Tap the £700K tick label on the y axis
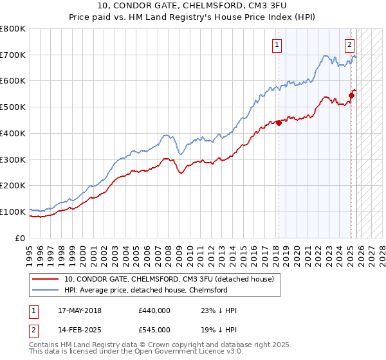(x=13, y=55)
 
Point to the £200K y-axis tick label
(x=13, y=185)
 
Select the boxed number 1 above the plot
(x=277, y=45)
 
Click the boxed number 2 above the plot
(x=349, y=45)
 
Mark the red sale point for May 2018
(x=279, y=123)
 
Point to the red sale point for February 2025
(x=351, y=96)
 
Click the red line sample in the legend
(x=46, y=279)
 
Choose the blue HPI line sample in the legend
(x=46, y=290)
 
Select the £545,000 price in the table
(x=154, y=330)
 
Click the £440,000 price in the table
(x=154, y=310)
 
